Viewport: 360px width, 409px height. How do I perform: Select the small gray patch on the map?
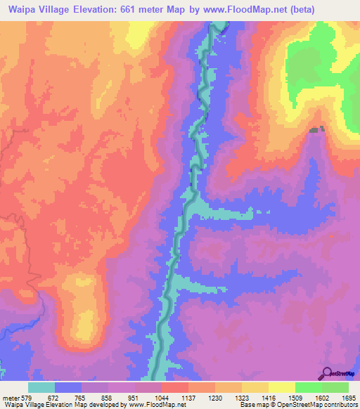coord(317,129)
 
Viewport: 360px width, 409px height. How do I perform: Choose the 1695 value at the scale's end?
coord(348,398)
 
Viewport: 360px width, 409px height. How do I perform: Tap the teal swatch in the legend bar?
coord(41,387)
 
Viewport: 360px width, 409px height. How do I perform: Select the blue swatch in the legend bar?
coord(68,387)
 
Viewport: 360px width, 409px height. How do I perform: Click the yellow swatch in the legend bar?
coord(282,387)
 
